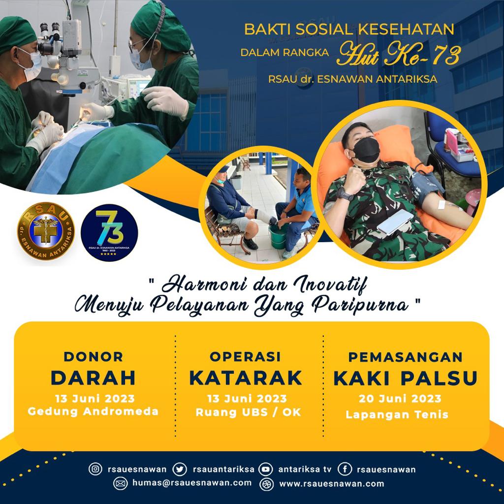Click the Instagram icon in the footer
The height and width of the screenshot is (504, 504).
(x=95, y=469)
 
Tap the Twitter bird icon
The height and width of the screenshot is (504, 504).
(x=179, y=469)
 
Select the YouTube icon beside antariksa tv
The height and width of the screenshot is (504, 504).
(x=265, y=469)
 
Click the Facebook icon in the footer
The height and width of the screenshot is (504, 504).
(x=345, y=469)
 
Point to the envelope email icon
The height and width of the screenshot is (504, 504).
(x=120, y=483)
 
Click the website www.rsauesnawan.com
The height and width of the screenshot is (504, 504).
(x=331, y=483)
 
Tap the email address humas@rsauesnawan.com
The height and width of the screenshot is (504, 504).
(x=192, y=483)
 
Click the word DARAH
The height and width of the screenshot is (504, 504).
(x=93, y=378)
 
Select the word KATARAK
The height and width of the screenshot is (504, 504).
(x=246, y=378)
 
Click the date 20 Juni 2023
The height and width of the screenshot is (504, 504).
(x=400, y=399)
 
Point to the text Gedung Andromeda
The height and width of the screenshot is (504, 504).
(x=93, y=411)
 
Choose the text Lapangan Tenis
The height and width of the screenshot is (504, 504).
(x=397, y=414)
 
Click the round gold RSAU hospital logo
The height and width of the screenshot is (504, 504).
(x=46, y=231)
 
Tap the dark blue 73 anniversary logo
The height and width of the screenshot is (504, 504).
(x=109, y=232)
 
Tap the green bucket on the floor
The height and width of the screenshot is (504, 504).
(x=278, y=236)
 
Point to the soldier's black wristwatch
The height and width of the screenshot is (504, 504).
(x=345, y=194)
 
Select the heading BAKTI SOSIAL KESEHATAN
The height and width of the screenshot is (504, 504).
(x=349, y=29)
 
